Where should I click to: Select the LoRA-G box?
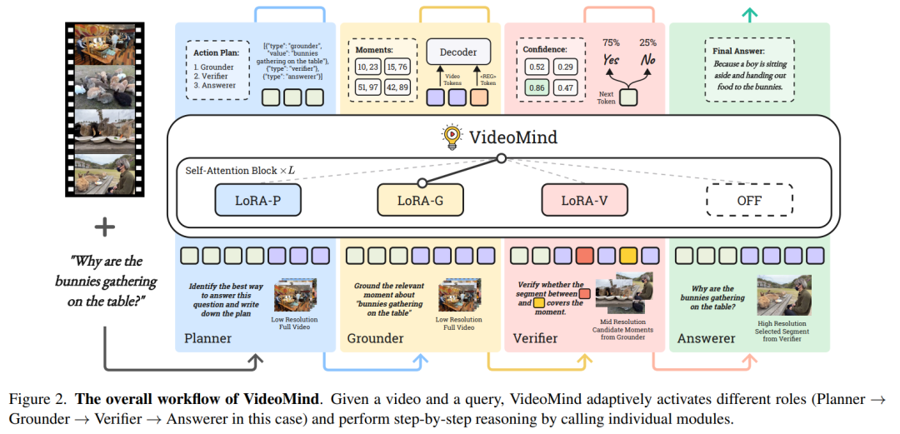click(421, 201)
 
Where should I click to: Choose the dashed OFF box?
click(750, 201)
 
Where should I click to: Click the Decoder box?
click(459, 52)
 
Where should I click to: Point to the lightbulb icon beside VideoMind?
click(451, 136)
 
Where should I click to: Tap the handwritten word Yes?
click(610, 60)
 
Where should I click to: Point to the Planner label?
click(208, 338)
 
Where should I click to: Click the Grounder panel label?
click(375, 338)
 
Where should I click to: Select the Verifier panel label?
click(536, 338)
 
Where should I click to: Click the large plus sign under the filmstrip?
click(105, 227)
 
